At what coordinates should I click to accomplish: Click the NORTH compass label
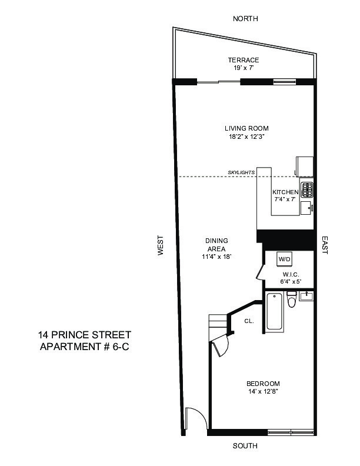click(x=245, y=19)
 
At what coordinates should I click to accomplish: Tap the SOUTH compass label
click(x=245, y=446)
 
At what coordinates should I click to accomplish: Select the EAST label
click(x=325, y=245)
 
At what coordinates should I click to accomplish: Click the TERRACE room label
click(x=244, y=60)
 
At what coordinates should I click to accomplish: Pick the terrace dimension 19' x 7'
click(x=244, y=68)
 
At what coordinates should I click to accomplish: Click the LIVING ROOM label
click(x=246, y=128)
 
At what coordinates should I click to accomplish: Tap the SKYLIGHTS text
click(x=241, y=172)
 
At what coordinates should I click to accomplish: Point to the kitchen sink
click(x=306, y=207)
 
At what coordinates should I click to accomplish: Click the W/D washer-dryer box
click(x=285, y=259)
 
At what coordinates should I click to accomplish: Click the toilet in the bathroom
click(x=292, y=301)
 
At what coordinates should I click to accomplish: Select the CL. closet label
click(x=249, y=321)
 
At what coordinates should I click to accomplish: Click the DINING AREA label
click(x=216, y=244)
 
